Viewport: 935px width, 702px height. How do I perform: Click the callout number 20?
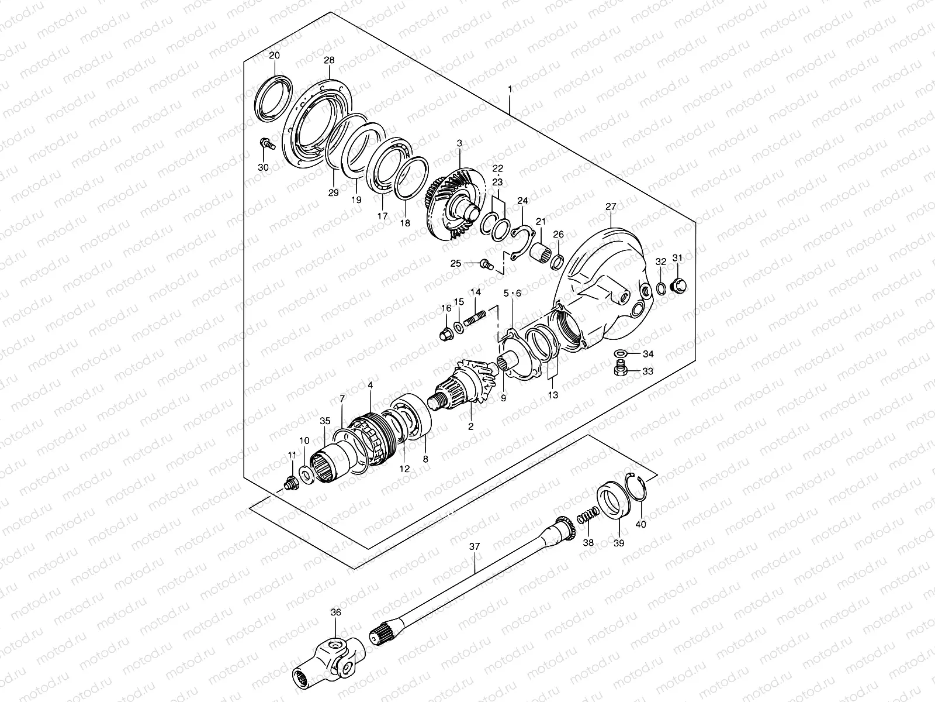pos(274,56)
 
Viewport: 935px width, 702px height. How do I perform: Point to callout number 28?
pos(329,60)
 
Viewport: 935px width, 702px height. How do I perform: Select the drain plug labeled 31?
pos(678,286)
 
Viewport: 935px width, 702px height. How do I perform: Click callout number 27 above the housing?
pos(611,207)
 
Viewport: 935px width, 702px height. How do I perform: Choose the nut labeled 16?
pos(445,335)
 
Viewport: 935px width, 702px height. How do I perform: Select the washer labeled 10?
pos(305,472)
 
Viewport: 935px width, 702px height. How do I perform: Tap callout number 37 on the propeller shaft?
pos(475,546)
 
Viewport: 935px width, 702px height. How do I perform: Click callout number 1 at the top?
pos(510,90)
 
